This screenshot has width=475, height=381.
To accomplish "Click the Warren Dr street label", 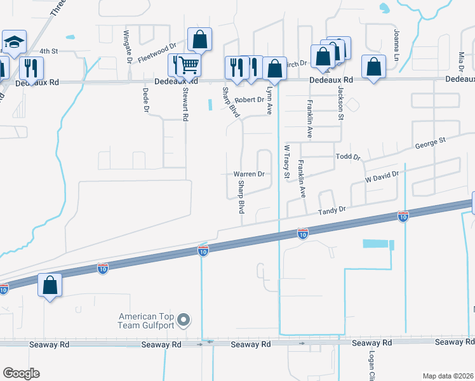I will (249, 174).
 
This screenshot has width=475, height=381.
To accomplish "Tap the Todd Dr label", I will (347, 157).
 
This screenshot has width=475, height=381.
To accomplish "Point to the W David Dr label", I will (381, 177).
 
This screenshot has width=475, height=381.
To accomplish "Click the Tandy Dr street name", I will (331, 209).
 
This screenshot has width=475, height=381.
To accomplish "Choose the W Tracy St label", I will (286, 162).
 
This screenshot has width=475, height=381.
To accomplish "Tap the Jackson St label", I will (340, 104).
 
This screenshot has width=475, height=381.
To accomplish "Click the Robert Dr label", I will (249, 100).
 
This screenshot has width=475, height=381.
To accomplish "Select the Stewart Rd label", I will (185, 100).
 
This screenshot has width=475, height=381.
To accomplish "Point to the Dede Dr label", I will (146, 100).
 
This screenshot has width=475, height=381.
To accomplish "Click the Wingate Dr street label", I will (127, 42).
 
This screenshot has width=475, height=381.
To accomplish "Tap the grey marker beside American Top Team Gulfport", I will (184, 320).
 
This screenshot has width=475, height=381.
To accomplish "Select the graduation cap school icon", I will (14, 43).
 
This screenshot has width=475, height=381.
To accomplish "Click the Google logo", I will (21, 373).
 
